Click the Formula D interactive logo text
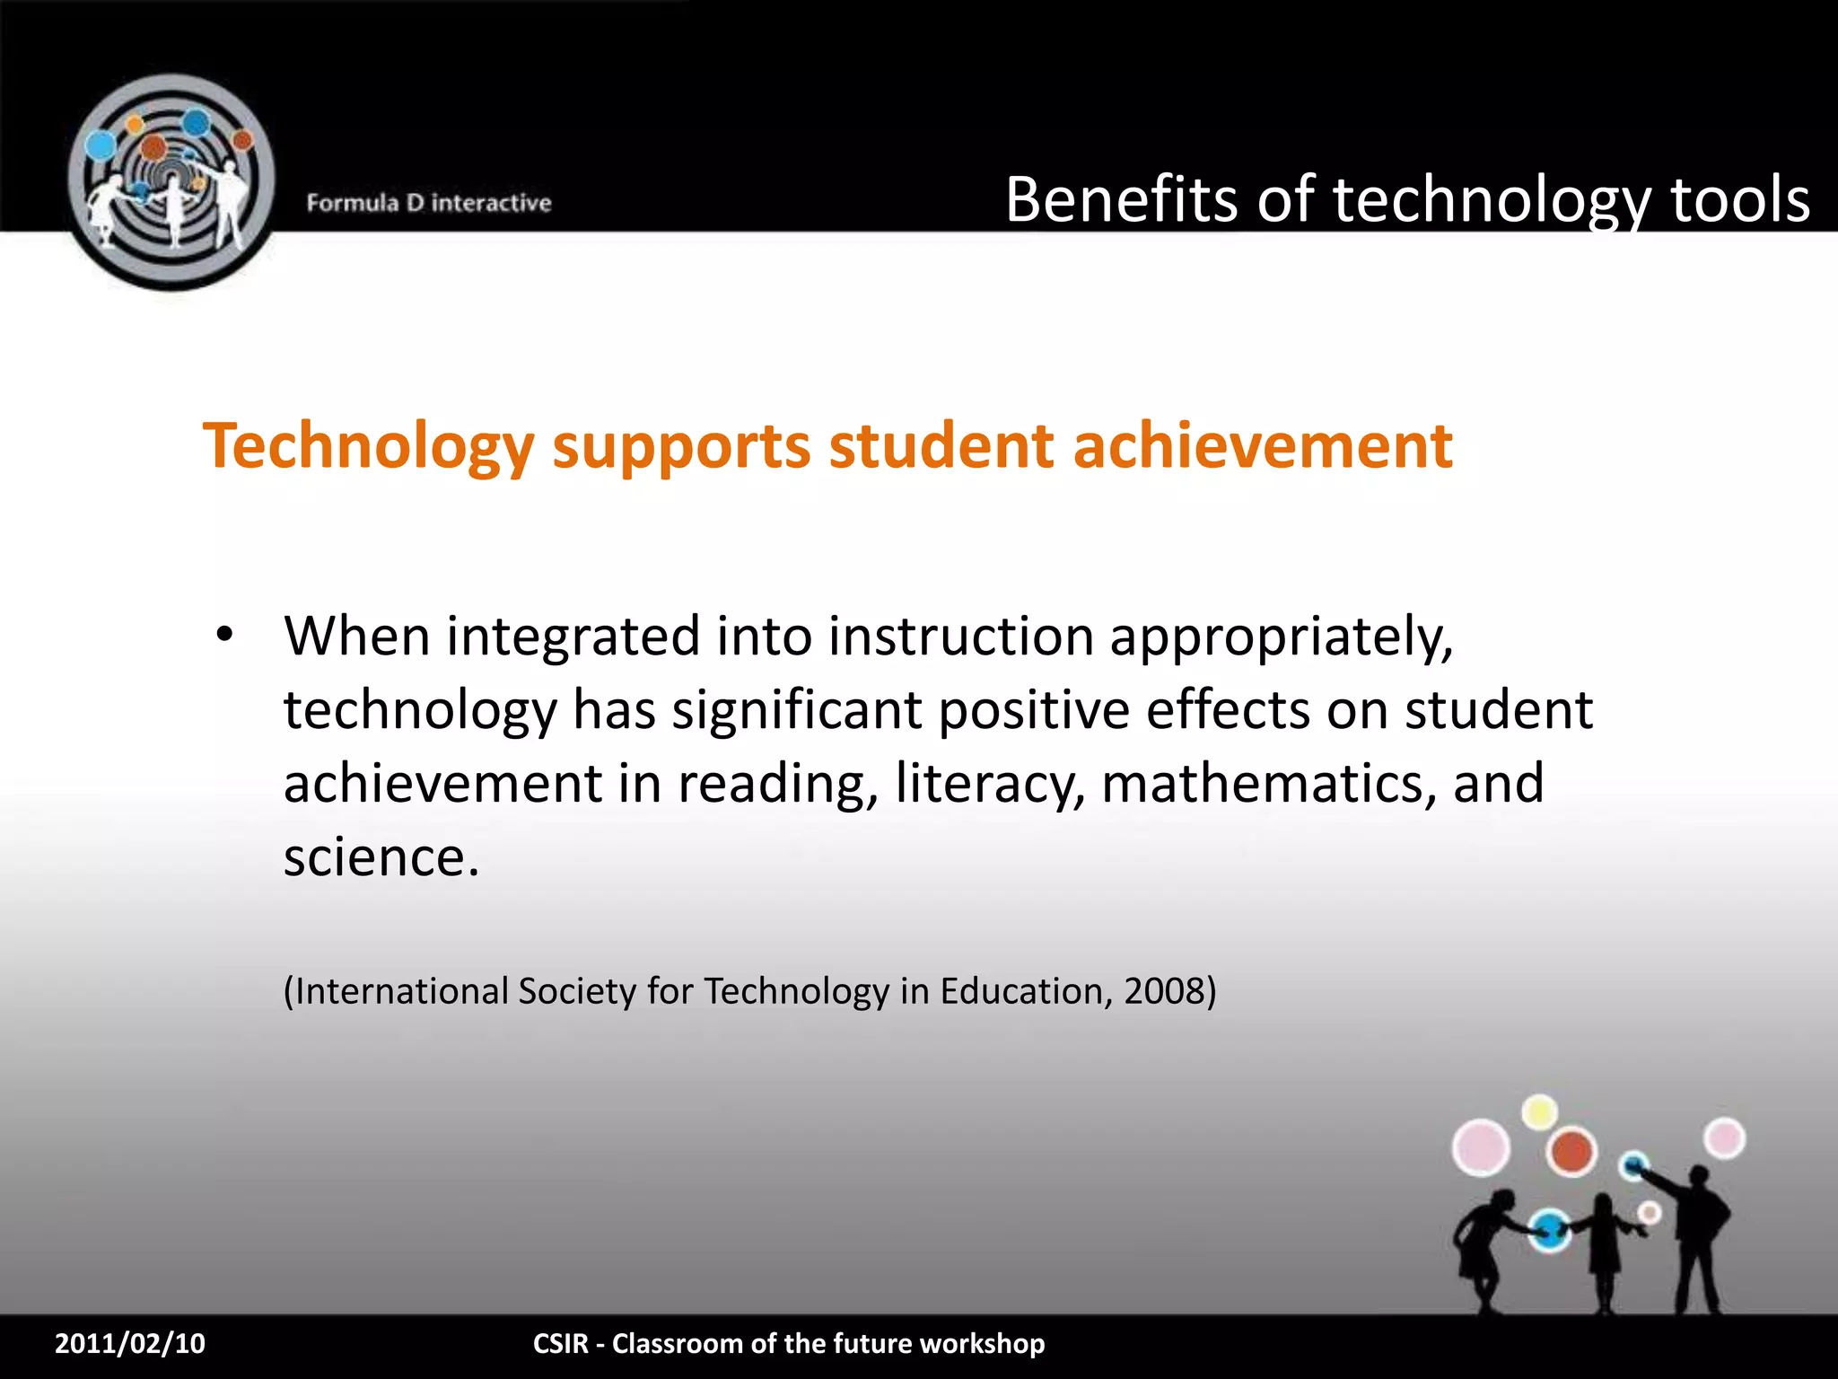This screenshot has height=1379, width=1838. tap(428, 203)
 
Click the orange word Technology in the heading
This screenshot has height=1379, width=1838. tap(369, 446)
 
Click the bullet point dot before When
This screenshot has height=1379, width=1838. tap(224, 635)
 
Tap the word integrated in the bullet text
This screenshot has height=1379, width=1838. tap(573, 637)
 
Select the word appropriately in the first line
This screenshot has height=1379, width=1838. tap(1281, 638)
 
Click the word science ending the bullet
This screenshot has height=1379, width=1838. tap(381, 856)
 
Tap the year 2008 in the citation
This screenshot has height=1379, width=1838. tap(1164, 991)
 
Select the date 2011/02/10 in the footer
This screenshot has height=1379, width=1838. tap(130, 1343)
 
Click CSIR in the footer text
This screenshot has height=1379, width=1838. tap(560, 1343)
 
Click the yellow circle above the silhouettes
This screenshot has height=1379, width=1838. tap(1540, 1112)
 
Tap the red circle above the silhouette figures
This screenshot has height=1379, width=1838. tap(1571, 1152)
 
